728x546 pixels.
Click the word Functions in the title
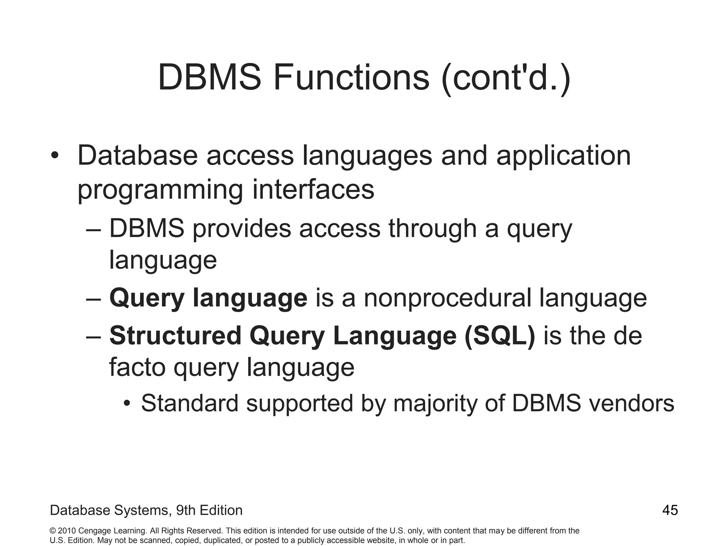coord(351,77)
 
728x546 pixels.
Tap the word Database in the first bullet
coord(138,156)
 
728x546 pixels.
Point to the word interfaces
coord(313,189)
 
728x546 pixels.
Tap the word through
coord(433,229)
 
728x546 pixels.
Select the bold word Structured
coord(176,336)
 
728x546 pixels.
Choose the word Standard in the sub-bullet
coord(189,403)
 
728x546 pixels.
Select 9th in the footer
coord(186,510)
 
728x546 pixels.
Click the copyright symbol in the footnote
coord(53,531)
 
